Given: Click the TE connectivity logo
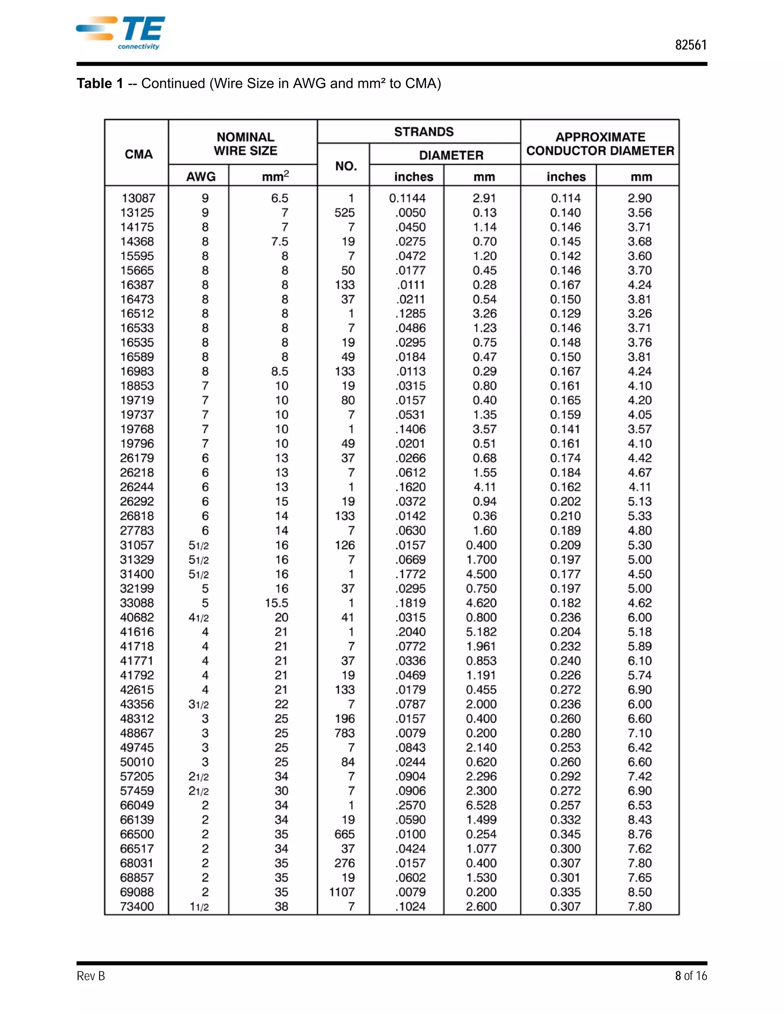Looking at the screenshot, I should (121, 33).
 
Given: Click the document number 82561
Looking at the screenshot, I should (691, 45).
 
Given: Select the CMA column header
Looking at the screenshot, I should (139, 154).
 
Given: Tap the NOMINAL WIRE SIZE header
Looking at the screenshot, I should (245, 144).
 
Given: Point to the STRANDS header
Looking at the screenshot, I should (424, 132).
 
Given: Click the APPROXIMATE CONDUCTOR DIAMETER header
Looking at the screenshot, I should (600, 144).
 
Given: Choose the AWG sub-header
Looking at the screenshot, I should (201, 177).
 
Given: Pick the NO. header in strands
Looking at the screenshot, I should (346, 166).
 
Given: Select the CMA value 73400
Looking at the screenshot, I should (137, 906).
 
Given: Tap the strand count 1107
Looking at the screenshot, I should (342, 892).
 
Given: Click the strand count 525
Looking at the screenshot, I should (345, 213).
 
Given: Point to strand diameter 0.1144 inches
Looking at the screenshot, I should (407, 198).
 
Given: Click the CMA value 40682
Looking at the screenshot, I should (137, 618).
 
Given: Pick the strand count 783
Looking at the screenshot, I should (345, 733).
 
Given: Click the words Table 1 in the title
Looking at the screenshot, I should (100, 83).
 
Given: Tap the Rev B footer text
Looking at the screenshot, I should (91, 976).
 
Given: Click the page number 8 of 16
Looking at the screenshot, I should (691, 976).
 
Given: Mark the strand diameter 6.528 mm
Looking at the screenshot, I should (481, 805).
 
